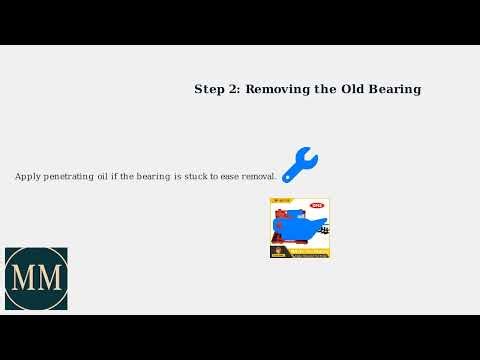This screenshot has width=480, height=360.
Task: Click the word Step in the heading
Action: click(210, 89)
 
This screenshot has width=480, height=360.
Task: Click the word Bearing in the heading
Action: click(393, 89)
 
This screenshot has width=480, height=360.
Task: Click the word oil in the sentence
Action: click(112, 176)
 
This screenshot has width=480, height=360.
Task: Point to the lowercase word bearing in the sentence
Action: click(153, 176)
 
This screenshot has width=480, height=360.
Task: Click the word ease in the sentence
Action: click(232, 176)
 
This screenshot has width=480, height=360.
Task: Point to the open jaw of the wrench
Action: click(309, 154)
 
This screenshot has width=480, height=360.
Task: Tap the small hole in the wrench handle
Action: click(288, 178)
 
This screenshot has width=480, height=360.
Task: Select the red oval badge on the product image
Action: click(317, 206)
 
